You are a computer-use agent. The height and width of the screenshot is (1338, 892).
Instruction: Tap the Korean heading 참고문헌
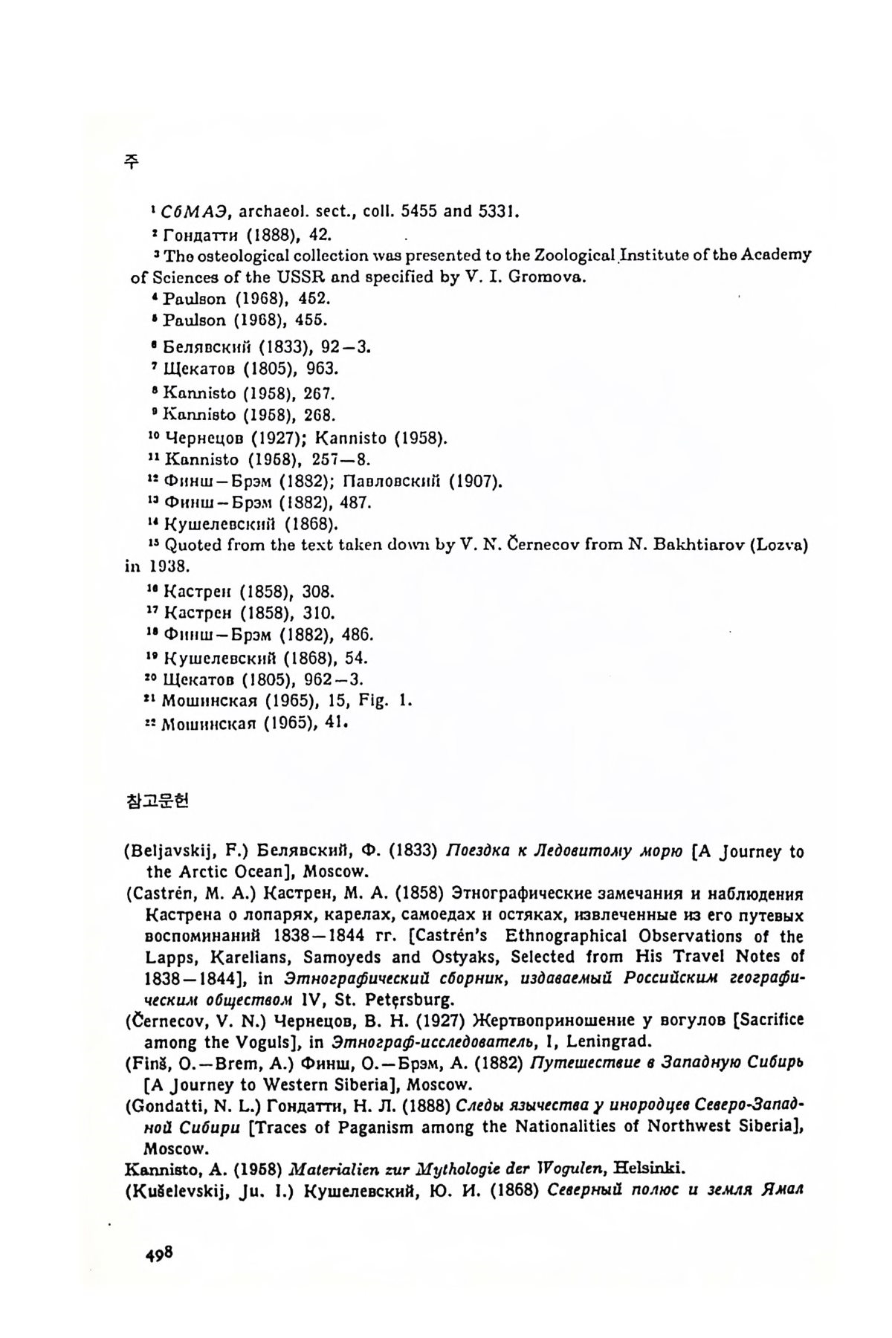[158, 801]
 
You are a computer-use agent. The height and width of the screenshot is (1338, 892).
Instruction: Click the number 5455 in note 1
[421, 211]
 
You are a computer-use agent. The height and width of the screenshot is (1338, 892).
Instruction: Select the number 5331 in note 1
[493, 211]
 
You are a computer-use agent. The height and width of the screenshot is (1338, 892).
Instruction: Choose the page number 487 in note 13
[354, 502]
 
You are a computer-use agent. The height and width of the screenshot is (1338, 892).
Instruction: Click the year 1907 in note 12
[474, 481]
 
